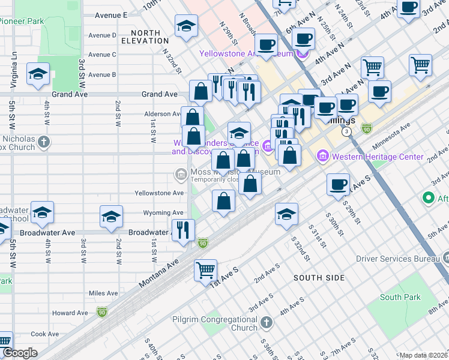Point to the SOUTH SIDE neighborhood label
pyautogui.click(x=319, y=278)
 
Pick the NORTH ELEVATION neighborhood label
pyautogui.click(x=145, y=37)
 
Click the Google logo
pyautogui.click(x=20, y=353)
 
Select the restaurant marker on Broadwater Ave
pyautogui.click(x=183, y=230)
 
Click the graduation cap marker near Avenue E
pyautogui.click(x=187, y=26)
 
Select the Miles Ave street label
pyautogui.click(x=104, y=293)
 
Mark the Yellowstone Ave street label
pyautogui.click(x=159, y=193)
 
